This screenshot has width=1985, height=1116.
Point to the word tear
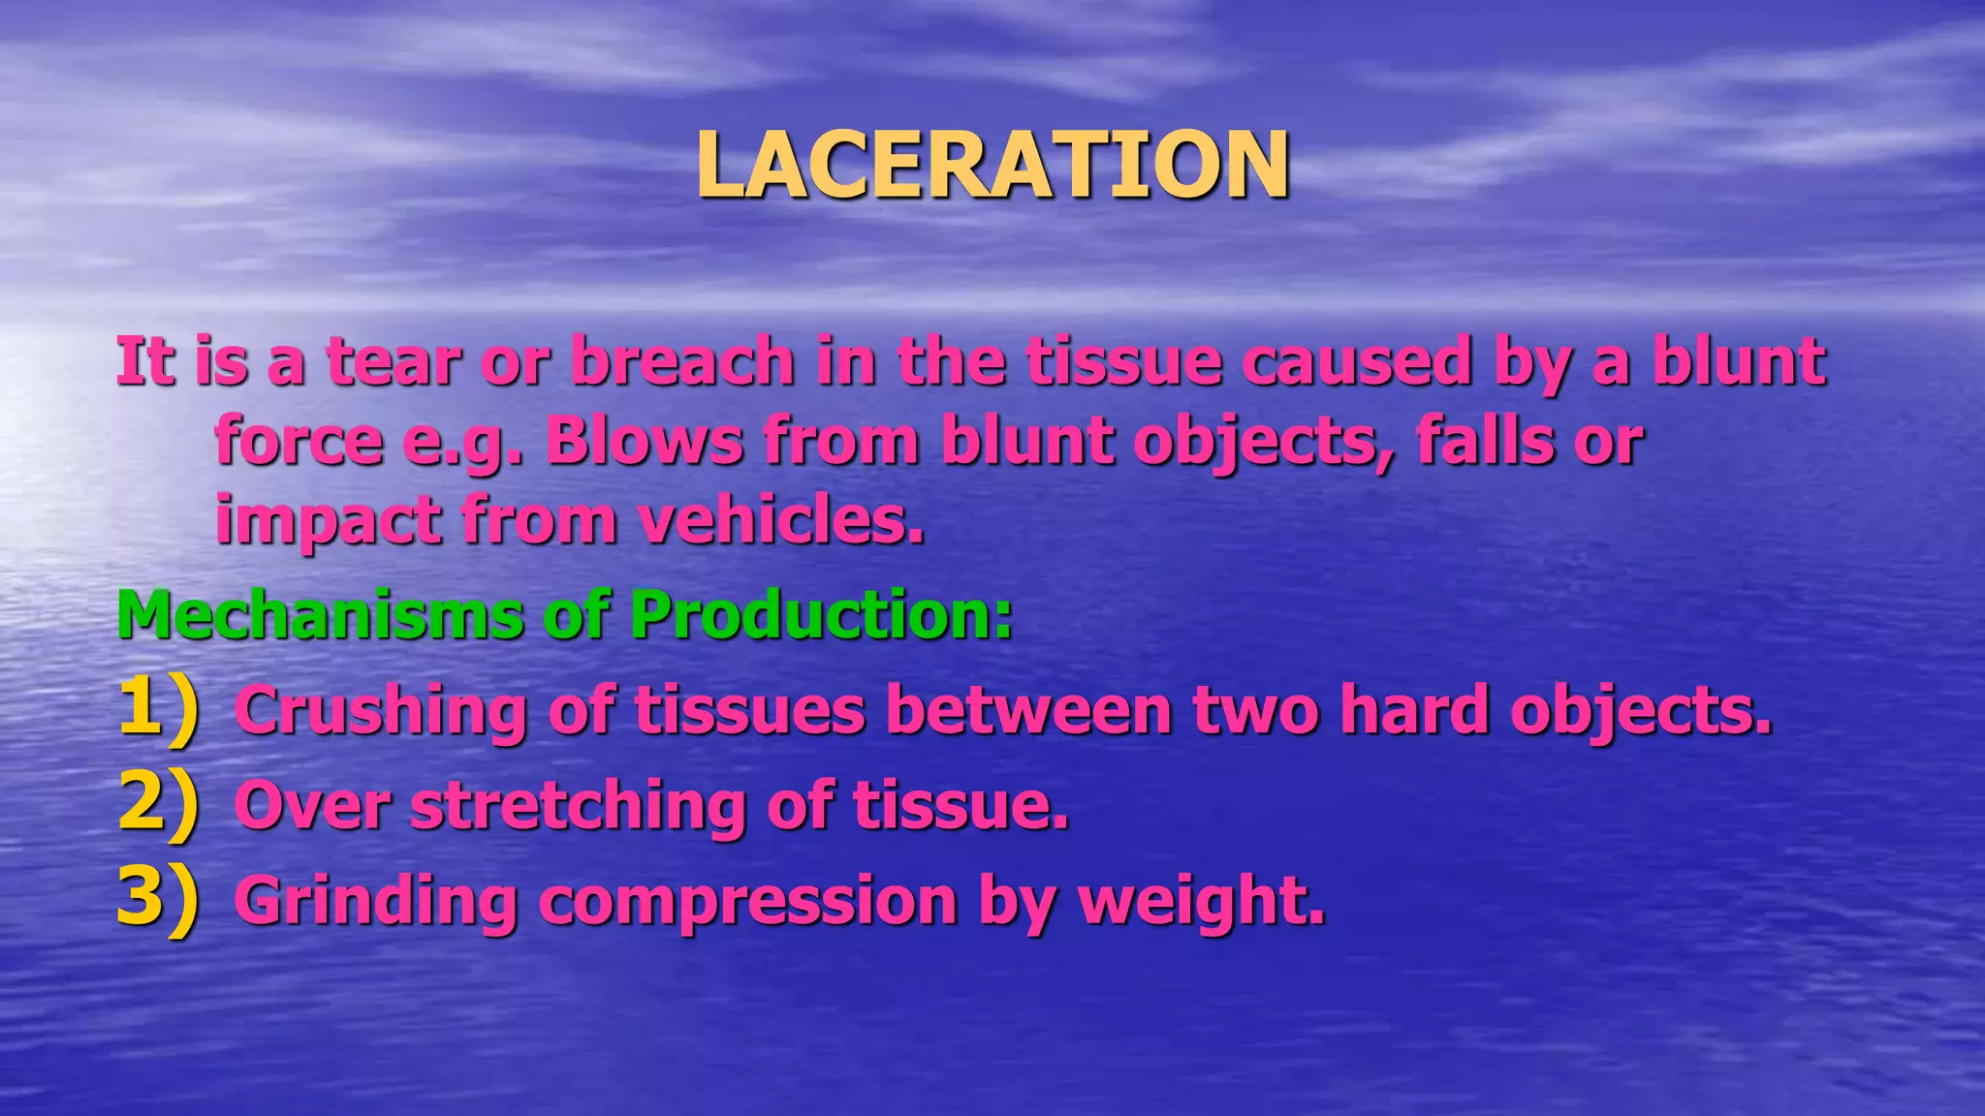(393, 361)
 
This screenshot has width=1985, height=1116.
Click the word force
(299, 442)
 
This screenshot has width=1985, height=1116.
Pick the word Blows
(644, 442)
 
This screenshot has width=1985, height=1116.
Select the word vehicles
(780, 521)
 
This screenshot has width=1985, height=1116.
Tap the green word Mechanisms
(320, 615)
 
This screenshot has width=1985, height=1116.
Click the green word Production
(822, 615)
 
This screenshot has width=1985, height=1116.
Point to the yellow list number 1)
(157, 710)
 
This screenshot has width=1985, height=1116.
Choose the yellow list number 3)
(157, 899)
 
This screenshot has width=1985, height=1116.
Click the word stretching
(578, 806)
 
